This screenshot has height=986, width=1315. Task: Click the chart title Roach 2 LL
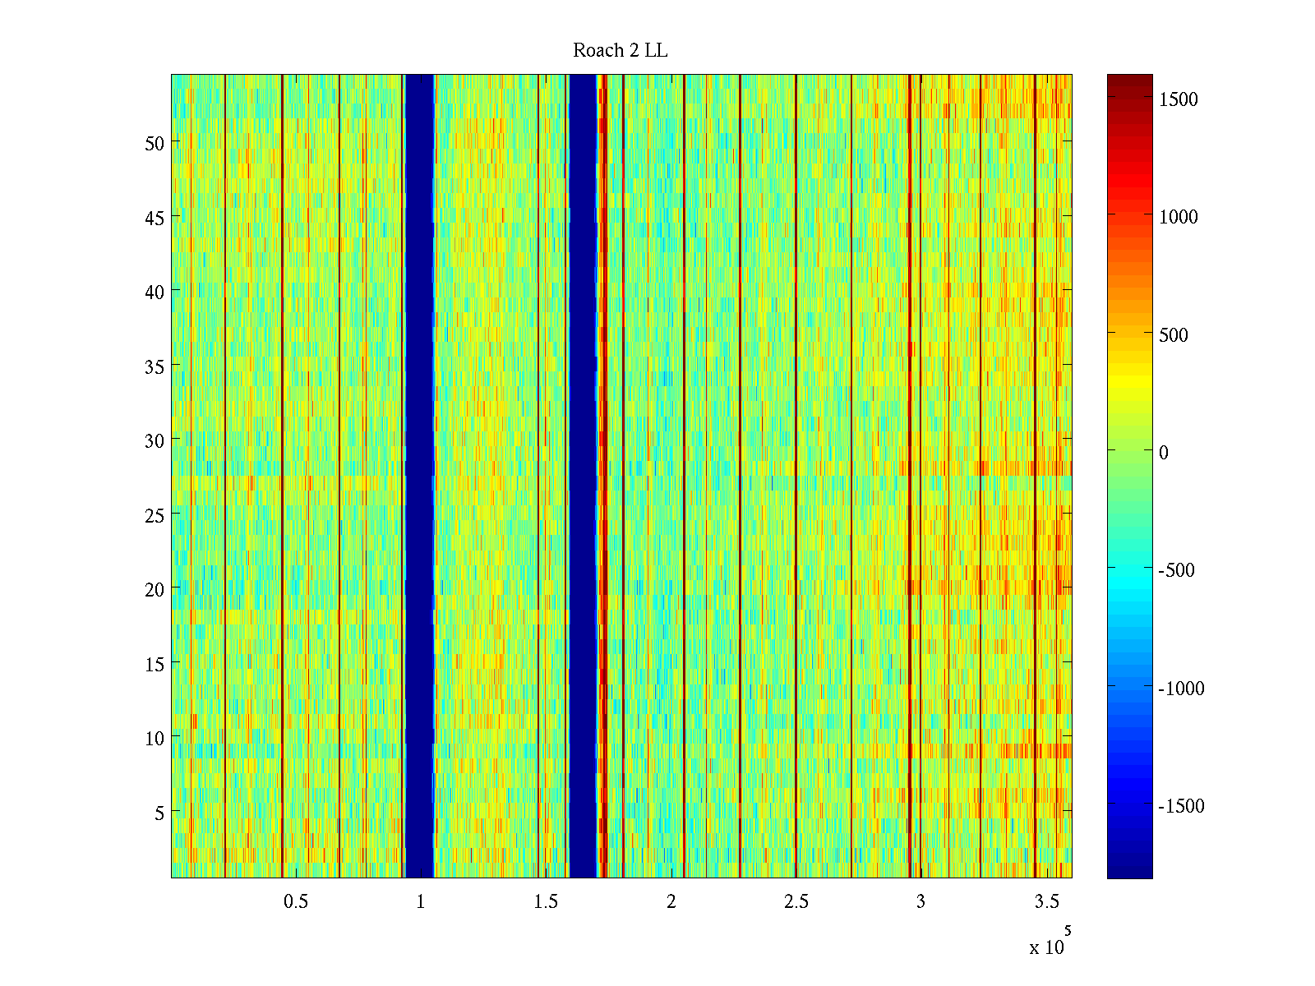tap(620, 51)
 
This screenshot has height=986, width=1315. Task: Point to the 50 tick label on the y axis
tap(155, 143)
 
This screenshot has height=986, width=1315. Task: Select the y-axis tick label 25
tap(155, 515)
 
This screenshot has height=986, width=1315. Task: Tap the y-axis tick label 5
tap(159, 813)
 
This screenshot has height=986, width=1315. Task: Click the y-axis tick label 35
tap(155, 366)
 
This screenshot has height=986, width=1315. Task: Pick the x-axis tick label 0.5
tap(296, 902)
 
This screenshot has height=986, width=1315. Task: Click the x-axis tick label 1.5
tap(546, 902)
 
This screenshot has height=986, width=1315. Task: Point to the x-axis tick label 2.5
tap(796, 902)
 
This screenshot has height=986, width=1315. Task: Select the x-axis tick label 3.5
tap(1046, 902)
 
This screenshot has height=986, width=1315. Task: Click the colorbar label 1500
tap(1179, 99)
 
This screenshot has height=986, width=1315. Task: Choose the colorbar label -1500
tap(1181, 806)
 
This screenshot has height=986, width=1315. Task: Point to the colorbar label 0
tap(1163, 453)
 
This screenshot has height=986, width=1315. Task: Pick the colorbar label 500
tap(1174, 335)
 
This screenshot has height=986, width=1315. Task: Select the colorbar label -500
tap(1176, 570)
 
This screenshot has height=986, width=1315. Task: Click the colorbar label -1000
tap(1181, 689)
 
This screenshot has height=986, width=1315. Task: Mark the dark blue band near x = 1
tap(420, 477)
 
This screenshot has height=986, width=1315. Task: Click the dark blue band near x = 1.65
tap(583, 477)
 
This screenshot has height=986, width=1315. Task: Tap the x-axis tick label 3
tap(920, 902)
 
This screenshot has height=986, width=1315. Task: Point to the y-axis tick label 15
tap(155, 664)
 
